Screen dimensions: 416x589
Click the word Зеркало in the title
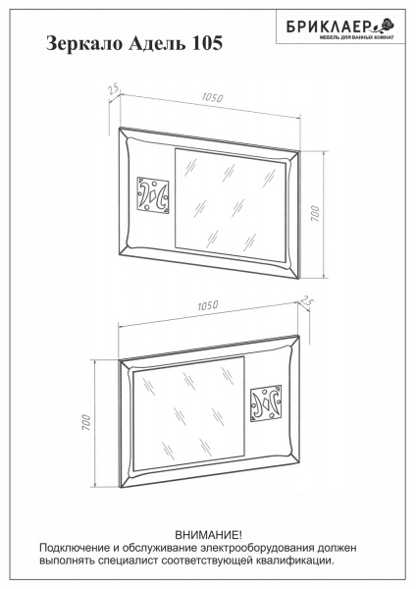tap(84, 43)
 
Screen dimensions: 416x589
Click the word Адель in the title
tap(157, 43)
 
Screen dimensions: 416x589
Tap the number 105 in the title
tap(207, 43)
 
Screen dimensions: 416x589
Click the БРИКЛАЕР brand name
tap(329, 27)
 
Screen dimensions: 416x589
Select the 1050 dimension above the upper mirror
tap(212, 97)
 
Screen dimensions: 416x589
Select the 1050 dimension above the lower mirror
tap(208, 305)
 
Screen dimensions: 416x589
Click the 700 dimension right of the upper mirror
tap(315, 213)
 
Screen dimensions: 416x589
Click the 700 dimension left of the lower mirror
tap(86, 422)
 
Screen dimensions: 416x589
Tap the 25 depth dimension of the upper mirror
tap(113, 89)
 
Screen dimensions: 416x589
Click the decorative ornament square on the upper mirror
tap(153, 195)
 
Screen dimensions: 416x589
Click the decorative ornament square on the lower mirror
tap(266, 403)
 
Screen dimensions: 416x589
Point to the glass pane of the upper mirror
tap(231, 205)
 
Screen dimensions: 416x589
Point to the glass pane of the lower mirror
tap(188, 413)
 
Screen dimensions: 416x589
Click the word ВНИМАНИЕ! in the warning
tap(209, 535)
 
